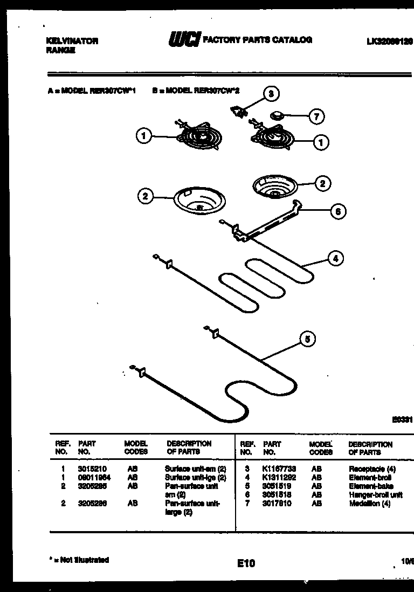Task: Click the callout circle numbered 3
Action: click(271, 94)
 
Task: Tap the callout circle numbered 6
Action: click(337, 211)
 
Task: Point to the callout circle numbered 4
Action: click(335, 259)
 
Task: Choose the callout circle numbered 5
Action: click(307, 339)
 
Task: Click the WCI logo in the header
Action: click(185, 40)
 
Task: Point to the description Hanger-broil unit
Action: click(375, 495)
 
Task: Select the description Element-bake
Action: click(371, 486)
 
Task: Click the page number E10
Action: click(245, 563)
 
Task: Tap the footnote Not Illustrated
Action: click(80, 560)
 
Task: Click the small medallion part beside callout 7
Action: click(277, 115)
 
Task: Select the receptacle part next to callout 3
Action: click(238, 110)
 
